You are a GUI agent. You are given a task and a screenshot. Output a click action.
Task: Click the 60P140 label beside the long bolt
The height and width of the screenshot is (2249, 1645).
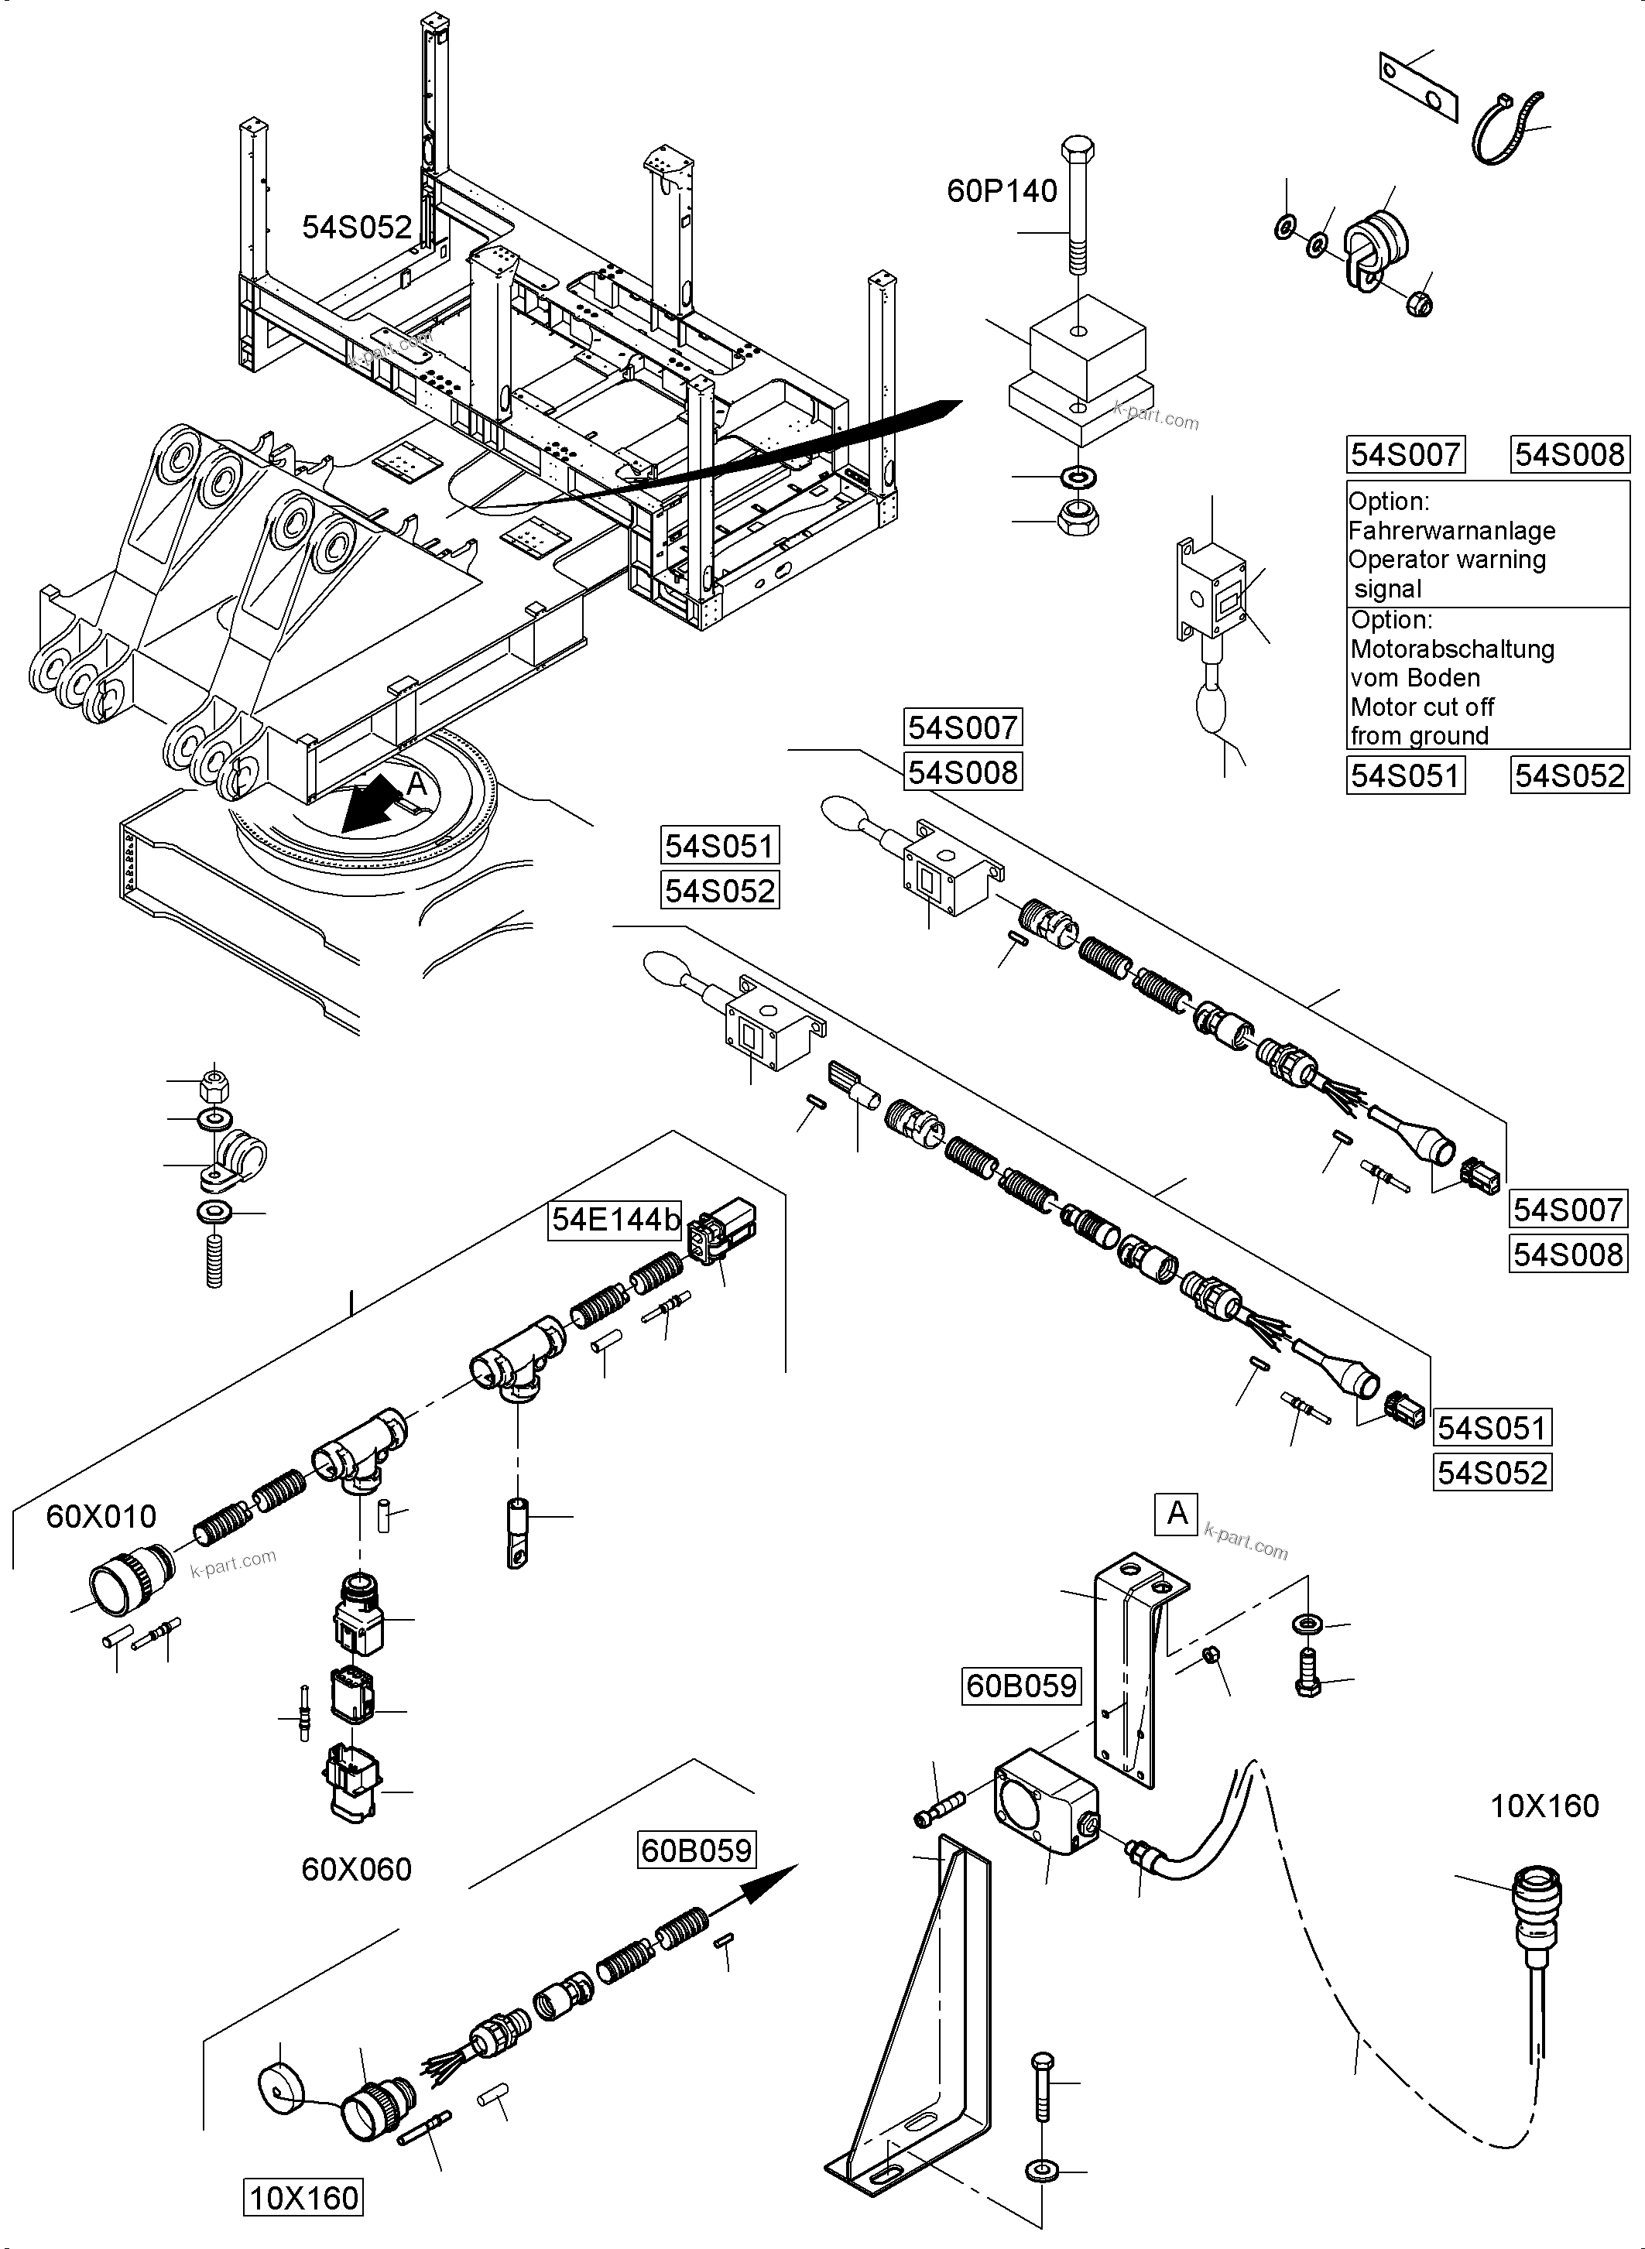(1001, 190)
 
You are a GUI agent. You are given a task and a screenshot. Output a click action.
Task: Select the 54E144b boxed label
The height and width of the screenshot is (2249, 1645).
(615, 1220)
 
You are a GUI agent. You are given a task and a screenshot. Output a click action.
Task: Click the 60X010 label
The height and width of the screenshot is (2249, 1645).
(101, 1516)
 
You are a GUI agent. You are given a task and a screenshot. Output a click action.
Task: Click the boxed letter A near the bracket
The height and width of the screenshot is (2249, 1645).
(1177, 1513)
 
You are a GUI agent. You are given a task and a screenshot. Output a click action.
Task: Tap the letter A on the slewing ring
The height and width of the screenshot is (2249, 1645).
(416, 785)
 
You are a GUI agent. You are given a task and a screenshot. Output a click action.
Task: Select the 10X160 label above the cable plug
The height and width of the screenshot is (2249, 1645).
(1544, 1805)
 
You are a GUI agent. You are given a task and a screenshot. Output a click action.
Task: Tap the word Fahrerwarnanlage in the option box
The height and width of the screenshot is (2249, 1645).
(1451, 531)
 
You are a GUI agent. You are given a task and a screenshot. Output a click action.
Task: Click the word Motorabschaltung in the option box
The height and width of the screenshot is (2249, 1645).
(1451, 649)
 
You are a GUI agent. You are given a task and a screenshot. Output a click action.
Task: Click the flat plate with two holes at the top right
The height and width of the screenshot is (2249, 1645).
(1417, 87)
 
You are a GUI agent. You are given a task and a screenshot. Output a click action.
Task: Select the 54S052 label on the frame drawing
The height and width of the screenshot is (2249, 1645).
(357, 227)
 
